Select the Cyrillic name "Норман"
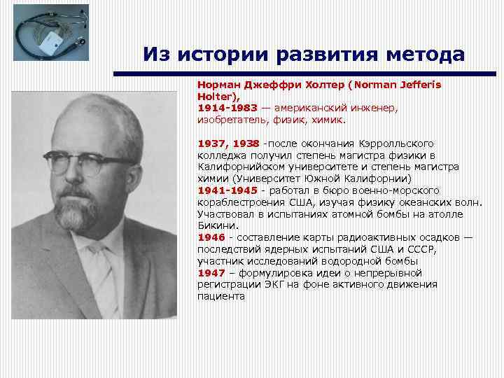coord(217,84)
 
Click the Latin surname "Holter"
coord(214,96)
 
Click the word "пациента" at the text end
coord(221,296)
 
